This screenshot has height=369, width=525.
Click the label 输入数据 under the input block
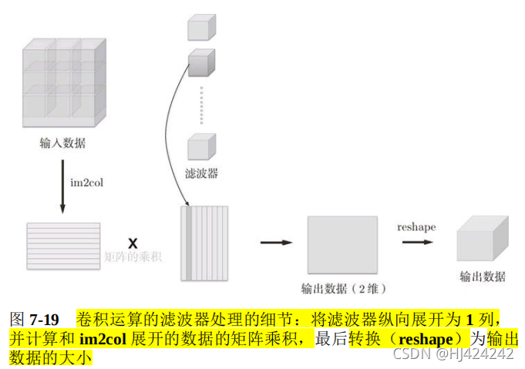point(62,143)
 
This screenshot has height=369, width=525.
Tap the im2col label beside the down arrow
point(86,183)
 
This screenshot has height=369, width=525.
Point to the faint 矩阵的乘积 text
point(133,256)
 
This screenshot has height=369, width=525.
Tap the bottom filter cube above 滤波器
point(201,145)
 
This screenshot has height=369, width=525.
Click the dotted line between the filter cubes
point(202,104)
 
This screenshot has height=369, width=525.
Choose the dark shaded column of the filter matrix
point(187,243)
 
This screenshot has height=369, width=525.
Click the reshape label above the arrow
point(416,226)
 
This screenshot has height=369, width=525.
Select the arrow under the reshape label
point(416,241)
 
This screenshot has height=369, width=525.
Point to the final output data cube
point(482,239)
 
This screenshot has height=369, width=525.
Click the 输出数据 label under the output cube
point(483,277)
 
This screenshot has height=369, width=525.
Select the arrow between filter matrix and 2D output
point(275,243)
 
